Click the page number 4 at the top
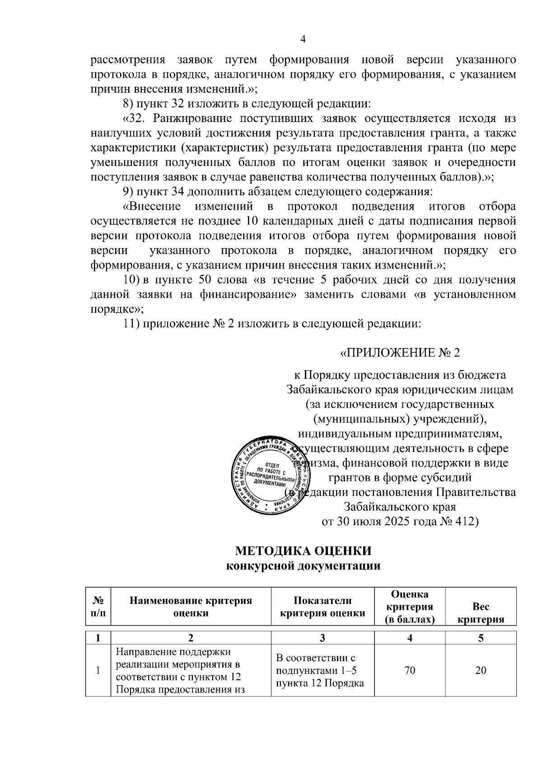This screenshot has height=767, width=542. [x=303, y=40]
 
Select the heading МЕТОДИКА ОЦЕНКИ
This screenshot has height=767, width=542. [x=303, y=551]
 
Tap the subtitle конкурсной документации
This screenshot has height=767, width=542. [x=303, y=566]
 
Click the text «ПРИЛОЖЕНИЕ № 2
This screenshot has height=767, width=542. [x=400, y=353]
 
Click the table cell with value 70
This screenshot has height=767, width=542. [x=410, y=670]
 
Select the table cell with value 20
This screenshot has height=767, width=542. [x=481, y=670]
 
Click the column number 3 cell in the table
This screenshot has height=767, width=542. [x=322, y=638]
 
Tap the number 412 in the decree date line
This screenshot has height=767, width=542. [x=467, y=521]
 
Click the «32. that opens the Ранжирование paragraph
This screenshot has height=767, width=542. [x=135, y=119]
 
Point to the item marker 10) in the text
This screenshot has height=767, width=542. [x=132, y=280]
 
